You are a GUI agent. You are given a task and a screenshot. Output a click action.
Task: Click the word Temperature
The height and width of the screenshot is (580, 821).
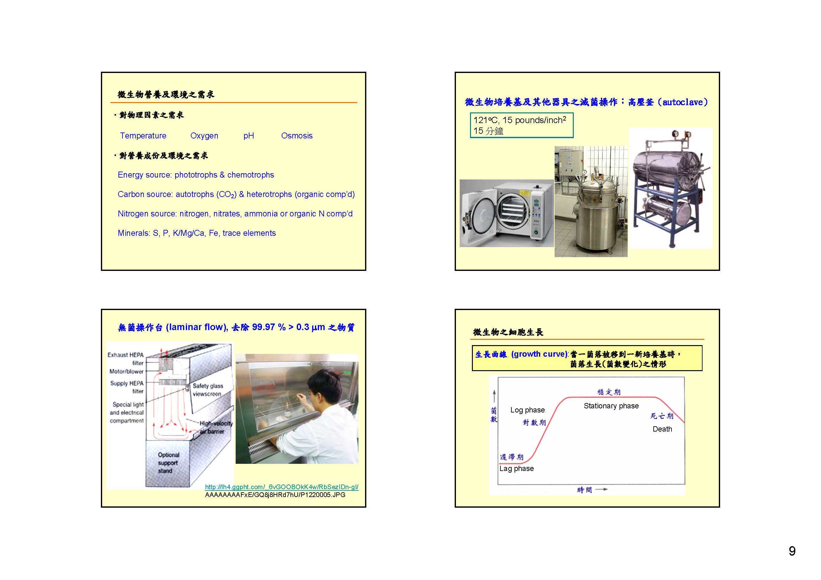tap(143, 136)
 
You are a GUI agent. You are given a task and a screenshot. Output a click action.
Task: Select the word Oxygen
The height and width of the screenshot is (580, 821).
tap(204, 136)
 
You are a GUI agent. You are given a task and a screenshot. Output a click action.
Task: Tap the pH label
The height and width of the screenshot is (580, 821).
tap(248, 136)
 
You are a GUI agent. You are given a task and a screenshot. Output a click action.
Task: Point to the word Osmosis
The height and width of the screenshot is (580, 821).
tap(297, 136)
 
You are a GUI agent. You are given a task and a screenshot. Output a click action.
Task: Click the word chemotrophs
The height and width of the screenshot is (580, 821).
tap(251, 175)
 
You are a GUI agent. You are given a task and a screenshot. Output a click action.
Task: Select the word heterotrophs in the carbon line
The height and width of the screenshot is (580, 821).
tap(269, 194)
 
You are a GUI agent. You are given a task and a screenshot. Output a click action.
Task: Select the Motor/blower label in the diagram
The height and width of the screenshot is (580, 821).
tap(126, 372)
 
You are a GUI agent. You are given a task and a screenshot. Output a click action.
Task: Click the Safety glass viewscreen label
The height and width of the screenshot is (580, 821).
tap(208, 390)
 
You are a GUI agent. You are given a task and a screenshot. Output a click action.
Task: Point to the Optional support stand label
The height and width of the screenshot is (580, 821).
tap(168, 463)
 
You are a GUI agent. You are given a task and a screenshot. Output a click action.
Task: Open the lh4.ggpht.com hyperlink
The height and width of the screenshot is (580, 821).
tap(282, 487)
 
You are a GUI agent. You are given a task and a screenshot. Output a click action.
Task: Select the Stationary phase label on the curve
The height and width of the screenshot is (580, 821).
tap(611, 406)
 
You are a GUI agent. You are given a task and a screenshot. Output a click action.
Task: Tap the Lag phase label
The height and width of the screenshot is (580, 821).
tap(516, 469)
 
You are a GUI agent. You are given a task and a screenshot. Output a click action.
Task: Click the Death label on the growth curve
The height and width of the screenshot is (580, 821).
tap(662, 429)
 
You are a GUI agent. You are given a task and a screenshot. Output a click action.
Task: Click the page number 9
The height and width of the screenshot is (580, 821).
tap(792, 551)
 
